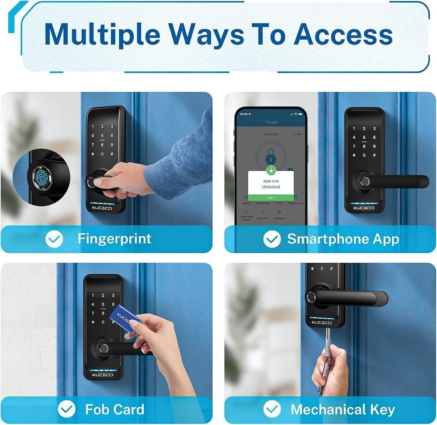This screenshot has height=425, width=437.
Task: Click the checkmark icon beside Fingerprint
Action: (x=55, y=239)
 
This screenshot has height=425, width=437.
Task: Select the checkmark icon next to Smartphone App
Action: (x=272, y=239)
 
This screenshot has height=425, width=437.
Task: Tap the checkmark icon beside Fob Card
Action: (x=66, y=409)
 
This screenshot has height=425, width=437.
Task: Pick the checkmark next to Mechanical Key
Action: (x=272, y=409)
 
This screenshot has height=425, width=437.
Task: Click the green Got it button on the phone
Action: (x=271, y=198)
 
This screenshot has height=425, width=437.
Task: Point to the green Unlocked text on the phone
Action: (x=271, y=187)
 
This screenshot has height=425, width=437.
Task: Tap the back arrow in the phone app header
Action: (x=243, y=122)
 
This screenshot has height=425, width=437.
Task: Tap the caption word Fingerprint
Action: (x=114, y=239)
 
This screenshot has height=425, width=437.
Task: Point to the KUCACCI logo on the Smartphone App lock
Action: (x=364, y=208)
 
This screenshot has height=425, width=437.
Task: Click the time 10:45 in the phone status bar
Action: (x=244, y=114)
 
